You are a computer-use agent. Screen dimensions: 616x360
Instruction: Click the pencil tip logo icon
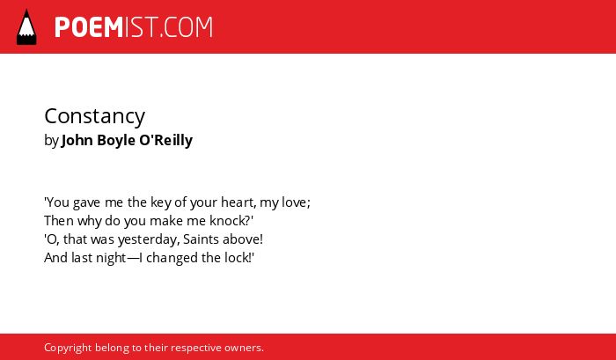click(26, 27)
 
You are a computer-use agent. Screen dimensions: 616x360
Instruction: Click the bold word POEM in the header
click(89, 27)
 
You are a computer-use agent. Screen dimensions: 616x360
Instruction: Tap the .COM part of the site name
click(187, 27)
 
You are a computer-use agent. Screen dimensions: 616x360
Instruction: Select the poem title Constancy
click(95, 116)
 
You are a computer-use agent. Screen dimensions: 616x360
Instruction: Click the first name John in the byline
click(77, 140)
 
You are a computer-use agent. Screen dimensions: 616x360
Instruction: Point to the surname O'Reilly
click(165, 140)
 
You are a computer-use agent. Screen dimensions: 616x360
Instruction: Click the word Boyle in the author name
click(116, 141)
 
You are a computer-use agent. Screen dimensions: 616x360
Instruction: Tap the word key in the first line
click(155, 202)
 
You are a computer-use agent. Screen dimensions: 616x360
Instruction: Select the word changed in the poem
click(172, 258)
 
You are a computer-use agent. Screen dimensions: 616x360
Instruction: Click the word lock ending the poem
click(238, 258)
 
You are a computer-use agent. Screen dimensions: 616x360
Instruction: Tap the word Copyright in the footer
click(68, 348)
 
